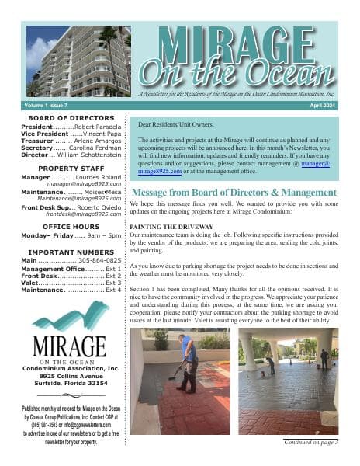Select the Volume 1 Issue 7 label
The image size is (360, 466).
[47, 103]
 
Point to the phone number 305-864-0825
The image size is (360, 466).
[102, 262]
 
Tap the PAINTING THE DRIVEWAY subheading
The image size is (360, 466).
[167, 226]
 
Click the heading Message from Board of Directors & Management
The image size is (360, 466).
[234, 193]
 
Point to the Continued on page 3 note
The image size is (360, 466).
[310, 442]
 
